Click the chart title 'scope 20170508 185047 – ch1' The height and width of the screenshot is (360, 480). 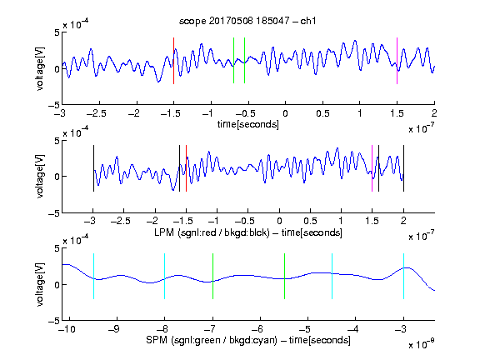pyautogui.click(x=247, y=21)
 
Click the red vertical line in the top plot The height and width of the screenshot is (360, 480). pyautogui.click(x=173, y=61)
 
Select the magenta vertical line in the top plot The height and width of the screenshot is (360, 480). pyautogui.click(x=397, y=61)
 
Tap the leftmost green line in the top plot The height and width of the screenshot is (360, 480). pyautogui.click(x=233, y=60)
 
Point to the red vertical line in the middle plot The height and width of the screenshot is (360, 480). pyautogui.click(x=186, y=168)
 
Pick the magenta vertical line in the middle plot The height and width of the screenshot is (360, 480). pyautogui.click(x=372, y=168)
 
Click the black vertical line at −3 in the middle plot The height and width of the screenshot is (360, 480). pyautogui.click(x=93, y=168)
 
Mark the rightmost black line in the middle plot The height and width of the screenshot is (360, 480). pyautogui.click(x=404, y=168)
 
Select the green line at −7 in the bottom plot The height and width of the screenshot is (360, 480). pyautogui.click(x=212, y=276)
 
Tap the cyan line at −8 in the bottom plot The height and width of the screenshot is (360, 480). pyautogui.click(x=164, y=276)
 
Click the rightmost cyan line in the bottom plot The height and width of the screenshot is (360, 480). pyautogui.click(x=404, y=276)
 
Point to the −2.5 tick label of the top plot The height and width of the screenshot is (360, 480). pyautogui.click(x=97, y=113)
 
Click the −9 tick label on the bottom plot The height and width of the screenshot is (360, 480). pyautogui.click(x=114, y=329)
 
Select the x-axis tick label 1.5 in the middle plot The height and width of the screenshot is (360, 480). pyautogui.click(x=372, y=221)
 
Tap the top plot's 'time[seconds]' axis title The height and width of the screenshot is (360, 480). pyautogui.click(x=248, y=124)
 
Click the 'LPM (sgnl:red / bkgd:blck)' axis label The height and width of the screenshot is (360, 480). pyautogui.click(x=212, y=232)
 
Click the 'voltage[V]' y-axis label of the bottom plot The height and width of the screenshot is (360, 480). pyautogui.click(x=40, y=284)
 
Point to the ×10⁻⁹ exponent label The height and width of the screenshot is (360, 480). pyautogui.click(x=421, y=345)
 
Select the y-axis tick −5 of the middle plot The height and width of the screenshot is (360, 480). pyautogui.click(x=54, y=213)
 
